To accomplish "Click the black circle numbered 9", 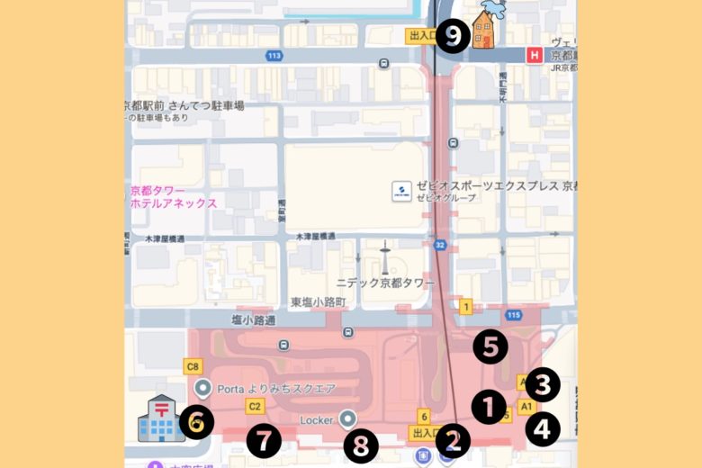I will coord(452,36).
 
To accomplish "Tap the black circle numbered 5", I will coord(490,347).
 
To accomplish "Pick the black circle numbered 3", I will coord(543,384).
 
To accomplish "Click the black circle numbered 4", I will coord(543,428).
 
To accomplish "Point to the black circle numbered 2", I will coord(453,441).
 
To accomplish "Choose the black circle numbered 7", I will coord(264,441).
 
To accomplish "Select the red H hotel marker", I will coord(535,55).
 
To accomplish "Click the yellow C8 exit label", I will coord(192,366).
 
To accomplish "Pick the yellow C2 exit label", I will coord(254,406).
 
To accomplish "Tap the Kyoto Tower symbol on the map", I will coord(384,260).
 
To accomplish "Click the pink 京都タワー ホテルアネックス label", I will coord(173,197).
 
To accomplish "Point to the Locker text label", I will coord(316,420).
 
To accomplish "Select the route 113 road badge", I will coord(274,55).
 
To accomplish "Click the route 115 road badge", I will coord(514,314).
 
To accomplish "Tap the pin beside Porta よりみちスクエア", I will coord(202,388).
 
